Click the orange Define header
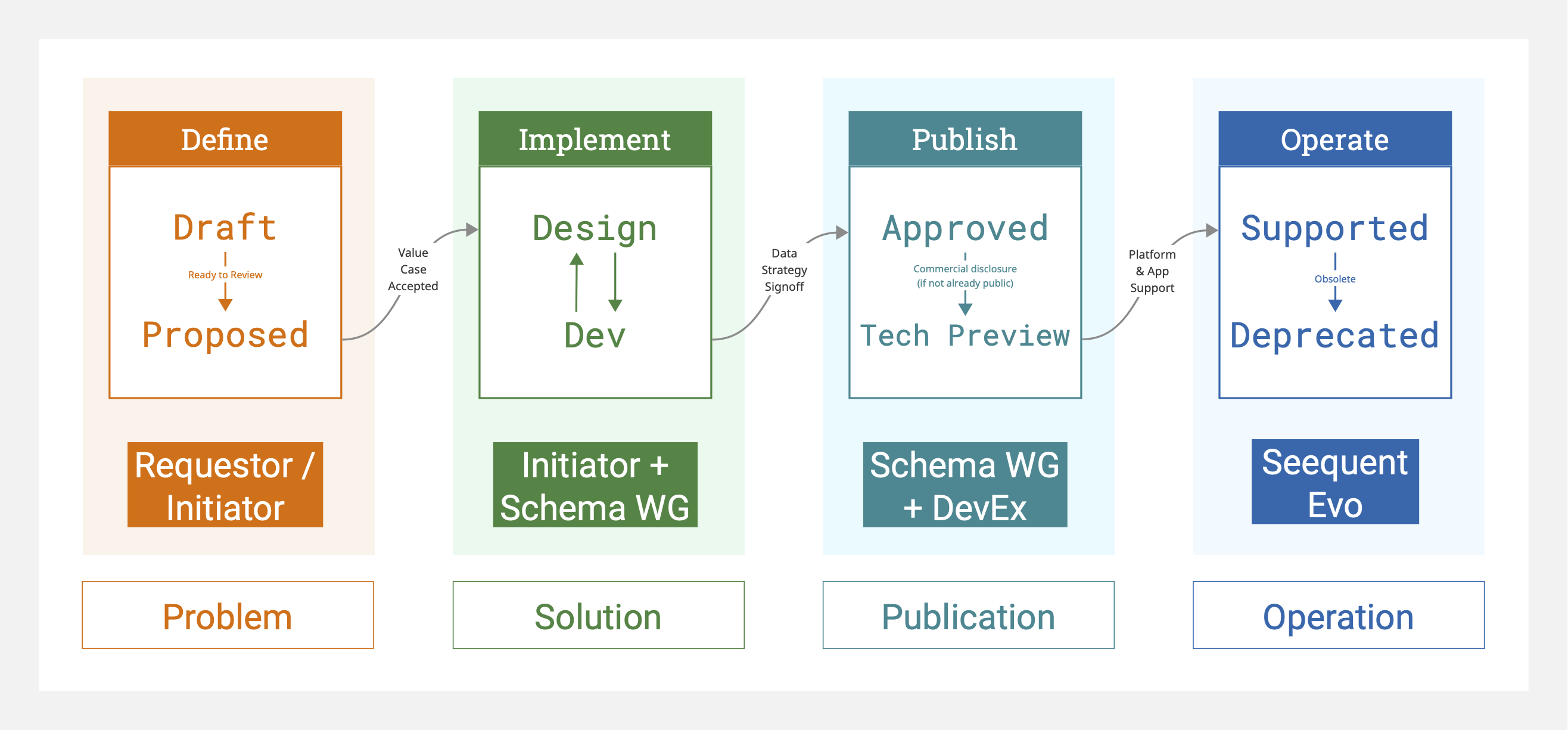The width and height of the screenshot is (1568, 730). (225, 138)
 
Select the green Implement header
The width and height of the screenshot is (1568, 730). (595, 138)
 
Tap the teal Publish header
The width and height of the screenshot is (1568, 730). (965, 138)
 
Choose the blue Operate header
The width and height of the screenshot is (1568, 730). (1336, 138)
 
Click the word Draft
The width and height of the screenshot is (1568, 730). (225, 228)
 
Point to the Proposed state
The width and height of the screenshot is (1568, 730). (225, 335)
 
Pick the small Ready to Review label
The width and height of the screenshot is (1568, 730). (225, 275)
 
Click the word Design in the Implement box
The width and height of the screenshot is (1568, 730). (595, 229)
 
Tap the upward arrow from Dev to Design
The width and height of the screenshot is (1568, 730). (577, 282)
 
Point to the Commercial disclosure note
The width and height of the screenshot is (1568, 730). (965, 276)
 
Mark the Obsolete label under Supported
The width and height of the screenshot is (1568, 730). (1336, 279)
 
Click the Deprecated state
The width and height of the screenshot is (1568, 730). (1336, 336)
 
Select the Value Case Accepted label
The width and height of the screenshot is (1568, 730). (413, 269)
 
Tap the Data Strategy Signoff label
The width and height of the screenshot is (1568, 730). (785, 270)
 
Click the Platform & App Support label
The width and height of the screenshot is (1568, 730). (1152, 271)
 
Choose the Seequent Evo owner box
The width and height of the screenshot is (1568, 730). (1336, 482)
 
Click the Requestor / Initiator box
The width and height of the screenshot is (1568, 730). (225, 484)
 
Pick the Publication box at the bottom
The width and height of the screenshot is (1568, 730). (969, 615)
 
